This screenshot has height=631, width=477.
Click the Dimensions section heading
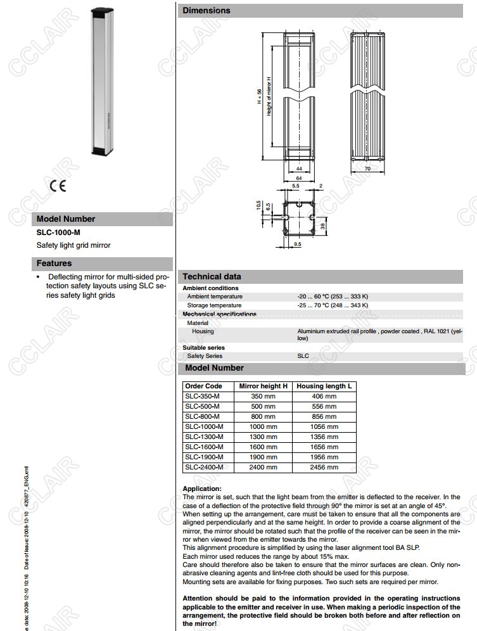pos(207,11)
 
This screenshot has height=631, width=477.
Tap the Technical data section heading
pos(212,276)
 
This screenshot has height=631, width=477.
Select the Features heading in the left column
pos(54,263)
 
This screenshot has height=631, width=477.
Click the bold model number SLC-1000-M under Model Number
pos(58,233)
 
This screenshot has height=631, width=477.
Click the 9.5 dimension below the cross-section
pos(298,244)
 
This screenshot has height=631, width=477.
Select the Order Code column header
pos(203,386)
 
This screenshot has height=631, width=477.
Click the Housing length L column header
pos(324,386)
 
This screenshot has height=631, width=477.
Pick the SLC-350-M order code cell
pos(202,397)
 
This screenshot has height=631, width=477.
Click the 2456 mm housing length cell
pos(324,468)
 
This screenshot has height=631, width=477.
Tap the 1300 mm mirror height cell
pos(263,437)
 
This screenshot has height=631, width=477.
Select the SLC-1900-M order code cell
pos(204,457)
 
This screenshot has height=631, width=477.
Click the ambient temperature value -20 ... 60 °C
pos(333,296)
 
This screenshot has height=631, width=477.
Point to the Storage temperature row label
pos(214,305)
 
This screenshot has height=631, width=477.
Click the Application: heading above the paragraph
pos(202,489)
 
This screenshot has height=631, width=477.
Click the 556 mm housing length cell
pos(324,407)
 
